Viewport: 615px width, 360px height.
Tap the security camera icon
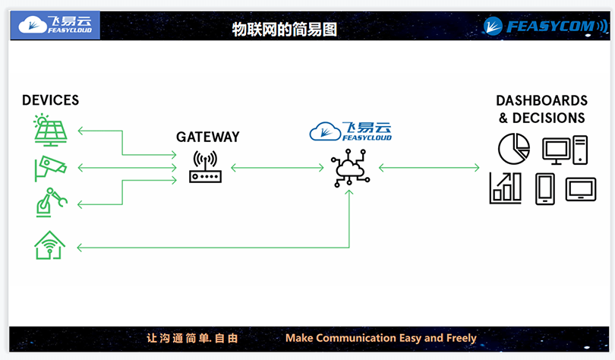(50, 168)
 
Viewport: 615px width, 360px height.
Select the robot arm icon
(50, 203)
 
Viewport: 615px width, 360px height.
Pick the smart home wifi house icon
(49, 245)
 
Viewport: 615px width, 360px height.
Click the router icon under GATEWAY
(204, 168)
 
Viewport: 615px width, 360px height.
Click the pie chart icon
(514, 148)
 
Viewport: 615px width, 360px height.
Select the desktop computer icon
(565, 149)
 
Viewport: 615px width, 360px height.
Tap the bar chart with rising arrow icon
(506, 188)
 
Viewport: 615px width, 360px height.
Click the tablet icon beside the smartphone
(581, 188)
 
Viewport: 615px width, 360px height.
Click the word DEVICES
(50, 100)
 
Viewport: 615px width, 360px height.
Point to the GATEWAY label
(207, 137)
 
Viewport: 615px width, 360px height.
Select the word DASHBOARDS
(541, 101)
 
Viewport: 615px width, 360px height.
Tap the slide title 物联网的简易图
(284, 30)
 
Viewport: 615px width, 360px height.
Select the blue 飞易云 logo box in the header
(59, 25)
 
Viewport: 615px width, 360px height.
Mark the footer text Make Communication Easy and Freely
(380, 338)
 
